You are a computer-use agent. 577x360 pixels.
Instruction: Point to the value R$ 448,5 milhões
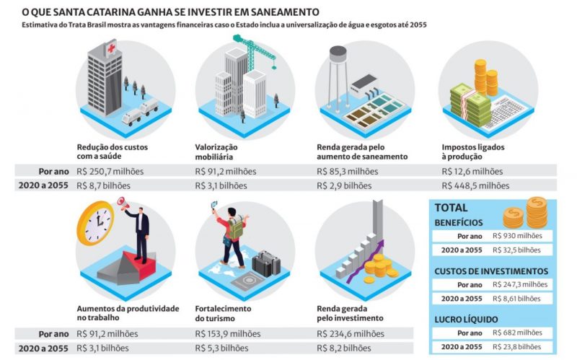[x=475, y=185]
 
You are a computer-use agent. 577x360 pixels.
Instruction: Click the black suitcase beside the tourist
[x=266, y=263]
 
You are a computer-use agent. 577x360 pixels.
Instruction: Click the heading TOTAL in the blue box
[x=451, y=208]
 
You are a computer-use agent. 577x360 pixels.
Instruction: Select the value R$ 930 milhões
[x=518, y=236]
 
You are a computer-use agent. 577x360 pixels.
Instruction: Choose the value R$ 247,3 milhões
[x=521, y=284]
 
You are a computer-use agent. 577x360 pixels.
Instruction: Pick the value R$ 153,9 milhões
[x=227, y=334]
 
